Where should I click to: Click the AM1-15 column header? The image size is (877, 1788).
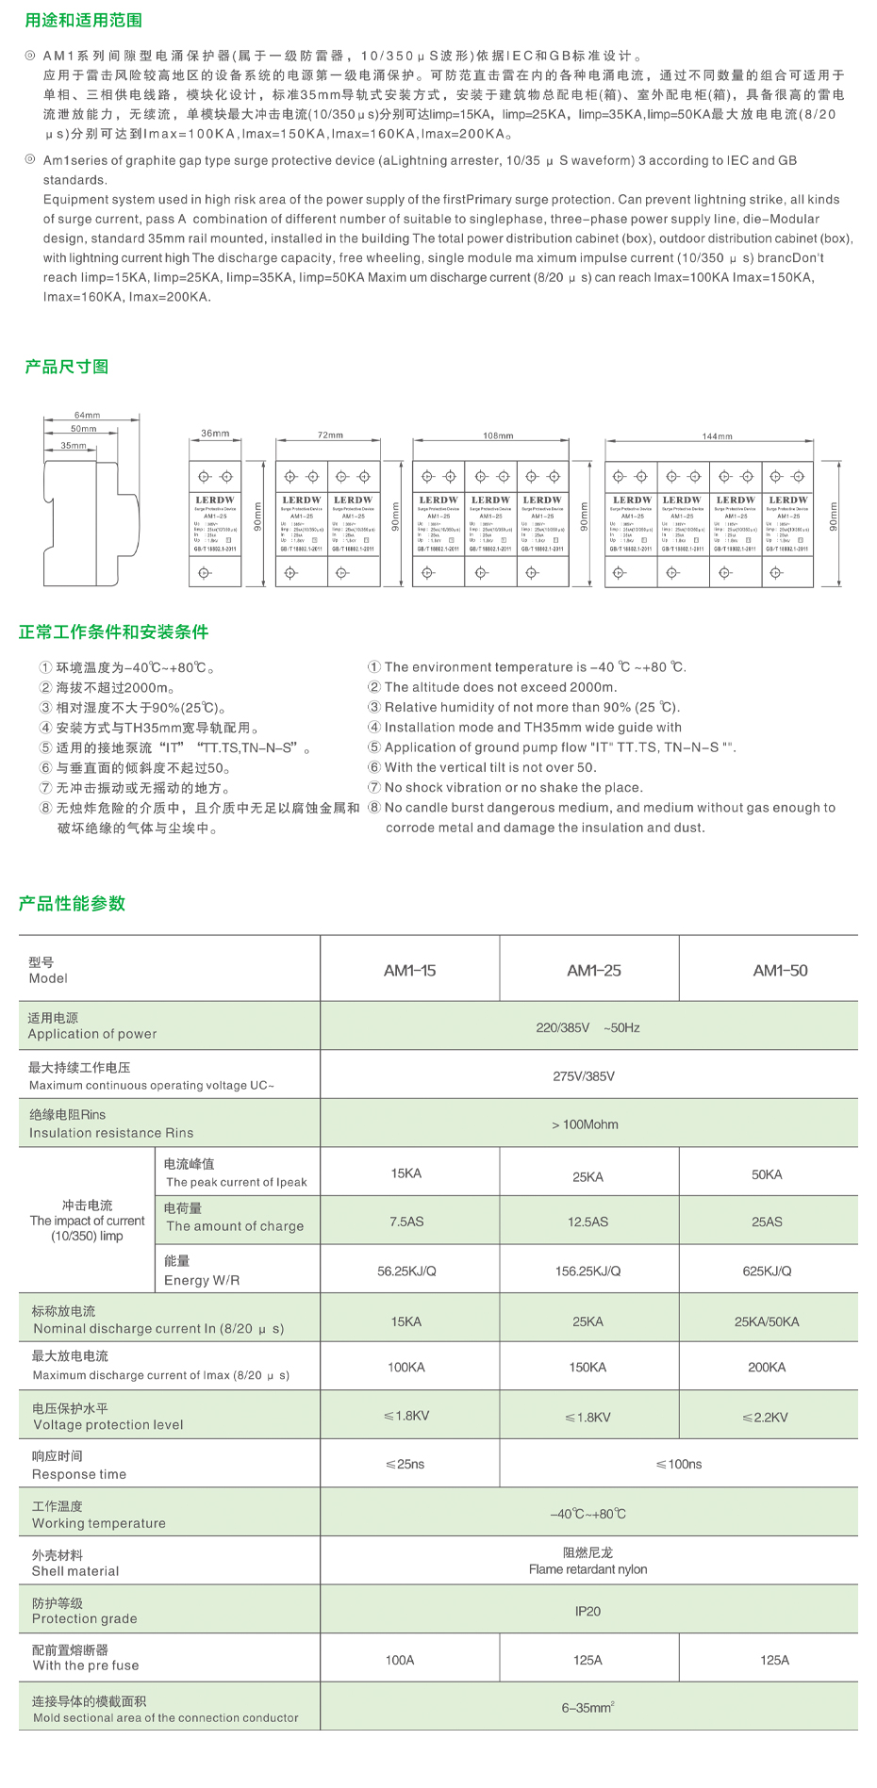click(409, 970)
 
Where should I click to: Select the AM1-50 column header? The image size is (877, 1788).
click(780, 970)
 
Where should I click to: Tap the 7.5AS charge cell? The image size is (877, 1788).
click(406, 1222)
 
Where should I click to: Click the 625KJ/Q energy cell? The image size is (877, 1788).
click(767, 1271)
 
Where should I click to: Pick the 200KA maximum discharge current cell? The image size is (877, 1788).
click(767, 1367)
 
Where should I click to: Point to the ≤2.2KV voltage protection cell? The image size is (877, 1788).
click(765, 1417)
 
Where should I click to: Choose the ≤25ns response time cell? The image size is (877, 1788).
click(405, 1464)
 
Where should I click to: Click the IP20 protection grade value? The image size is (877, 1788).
click(587, 1611)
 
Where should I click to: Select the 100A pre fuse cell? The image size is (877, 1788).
click(400, 1660)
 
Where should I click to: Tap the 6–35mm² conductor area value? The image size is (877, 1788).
click(587, 1707)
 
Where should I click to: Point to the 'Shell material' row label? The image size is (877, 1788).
click(75, 1571)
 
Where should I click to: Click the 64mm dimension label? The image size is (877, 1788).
click(87, 416)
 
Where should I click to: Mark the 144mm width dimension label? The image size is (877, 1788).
click(717, 436)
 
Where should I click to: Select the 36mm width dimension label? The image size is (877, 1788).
click(215, 434)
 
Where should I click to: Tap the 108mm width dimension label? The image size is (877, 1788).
click(498, 435)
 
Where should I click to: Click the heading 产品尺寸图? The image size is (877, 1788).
click(66, 367)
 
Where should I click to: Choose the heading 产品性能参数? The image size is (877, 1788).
click(72, 903)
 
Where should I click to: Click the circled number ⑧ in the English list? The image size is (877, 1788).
click(374, 808)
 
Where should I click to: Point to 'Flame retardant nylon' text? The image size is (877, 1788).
click(587, 1569)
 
